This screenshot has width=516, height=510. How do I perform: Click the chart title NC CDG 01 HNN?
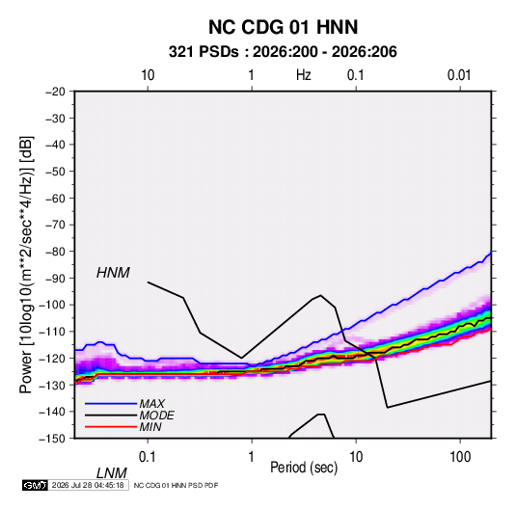click(283, 27)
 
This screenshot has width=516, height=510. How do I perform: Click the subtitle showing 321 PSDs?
click(283, 52)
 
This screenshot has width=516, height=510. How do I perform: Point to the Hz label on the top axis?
click(304, 75)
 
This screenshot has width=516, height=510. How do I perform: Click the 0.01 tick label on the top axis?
click(459, 75)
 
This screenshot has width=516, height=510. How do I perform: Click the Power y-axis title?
click(26, 265)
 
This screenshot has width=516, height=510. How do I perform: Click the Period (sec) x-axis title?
click(304, 468)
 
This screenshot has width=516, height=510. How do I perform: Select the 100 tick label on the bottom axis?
click(460, 457)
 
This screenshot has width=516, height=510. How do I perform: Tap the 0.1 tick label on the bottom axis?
click(147, 457)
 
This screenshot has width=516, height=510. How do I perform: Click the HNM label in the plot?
click(113, 273)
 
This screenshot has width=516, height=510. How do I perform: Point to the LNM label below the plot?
click(112, 473)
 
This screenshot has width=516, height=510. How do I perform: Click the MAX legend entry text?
click(152, 404)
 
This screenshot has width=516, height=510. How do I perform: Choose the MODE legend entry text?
click(156, 416)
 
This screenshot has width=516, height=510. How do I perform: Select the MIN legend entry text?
click(150, 427)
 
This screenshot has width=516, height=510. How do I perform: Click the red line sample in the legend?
click(111, 427)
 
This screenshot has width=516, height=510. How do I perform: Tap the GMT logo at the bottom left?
click(35, 485)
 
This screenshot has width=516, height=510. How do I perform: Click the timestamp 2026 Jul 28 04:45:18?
click(88, 485)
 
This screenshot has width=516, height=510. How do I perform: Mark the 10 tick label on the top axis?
click(148, 75)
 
